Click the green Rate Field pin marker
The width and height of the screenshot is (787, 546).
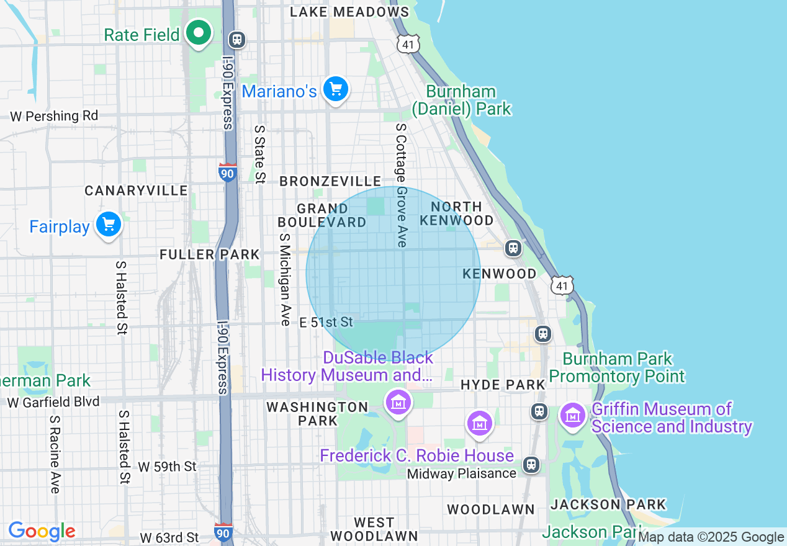[x=199, y=33]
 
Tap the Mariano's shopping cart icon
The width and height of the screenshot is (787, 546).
[x=336, y=90]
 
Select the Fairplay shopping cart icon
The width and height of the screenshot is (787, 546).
[x=108, y=225]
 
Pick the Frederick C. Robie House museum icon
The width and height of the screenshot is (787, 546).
[x=479, y=424]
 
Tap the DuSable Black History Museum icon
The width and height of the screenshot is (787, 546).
[x=398, y=402]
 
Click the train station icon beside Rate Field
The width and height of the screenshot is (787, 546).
[x=236, y=40]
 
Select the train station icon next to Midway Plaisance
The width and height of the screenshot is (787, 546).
[x=531, y=464]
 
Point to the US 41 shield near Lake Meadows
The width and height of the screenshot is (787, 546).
[x=409, y=43]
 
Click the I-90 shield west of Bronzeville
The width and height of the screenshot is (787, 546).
[x=228, y=172]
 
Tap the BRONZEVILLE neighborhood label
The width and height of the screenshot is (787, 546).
[x=330, y=181]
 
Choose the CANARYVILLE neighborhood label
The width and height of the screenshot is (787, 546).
[x=136, y=190]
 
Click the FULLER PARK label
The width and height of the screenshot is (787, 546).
[x=209, y=254]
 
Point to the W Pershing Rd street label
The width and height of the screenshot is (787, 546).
[x=54, y=116]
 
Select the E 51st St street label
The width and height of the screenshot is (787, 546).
[x=326, y=322]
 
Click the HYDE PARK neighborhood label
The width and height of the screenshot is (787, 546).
[x=503, y=385]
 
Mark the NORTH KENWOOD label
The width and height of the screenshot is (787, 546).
[x=456, y=213]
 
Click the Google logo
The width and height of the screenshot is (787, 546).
[x=42, y=531]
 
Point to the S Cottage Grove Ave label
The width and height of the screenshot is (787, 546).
[x=402, y=185]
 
